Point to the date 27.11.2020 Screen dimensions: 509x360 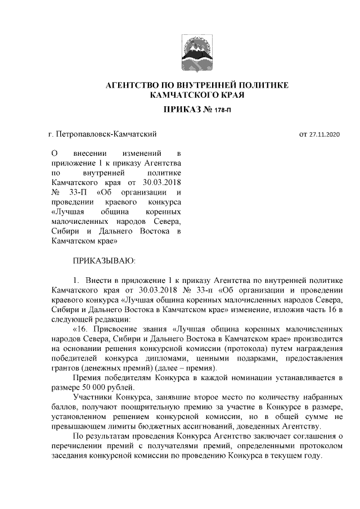point(326,134)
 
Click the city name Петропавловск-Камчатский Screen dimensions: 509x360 point(106,134)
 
